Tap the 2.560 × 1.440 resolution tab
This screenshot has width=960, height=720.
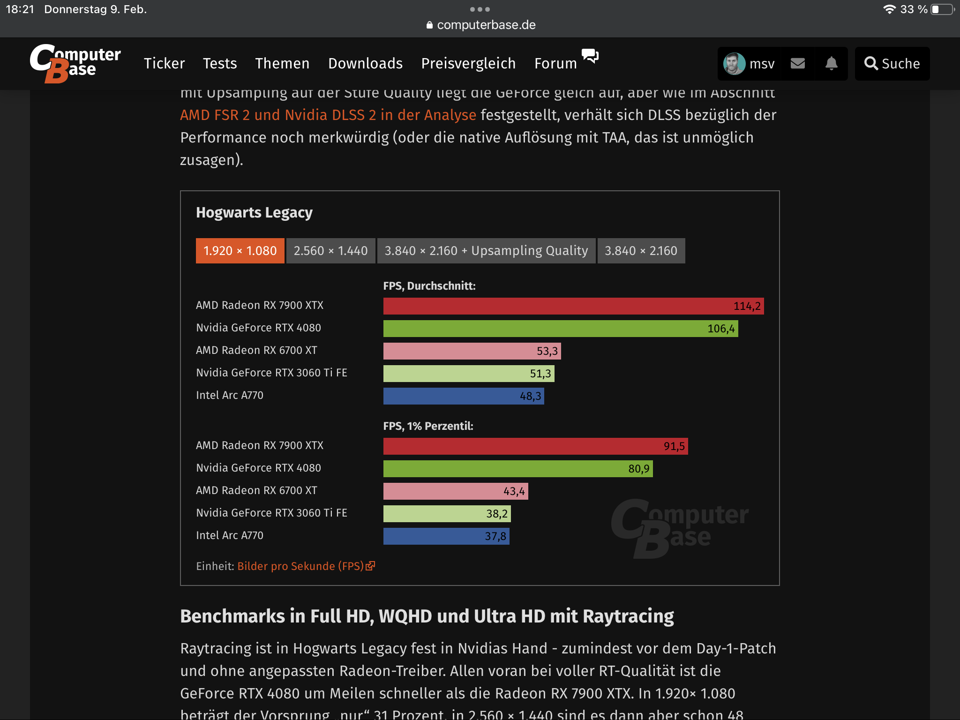tap(330, 251)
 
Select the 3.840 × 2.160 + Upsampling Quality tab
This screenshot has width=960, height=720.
tap(486, 251)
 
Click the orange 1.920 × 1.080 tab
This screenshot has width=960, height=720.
tap(240, 251)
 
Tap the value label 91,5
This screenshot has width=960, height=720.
tap(674, 446)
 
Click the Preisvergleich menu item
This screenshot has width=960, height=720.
tap(468, 63)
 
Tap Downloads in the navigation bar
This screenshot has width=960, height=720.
tap(365, 63)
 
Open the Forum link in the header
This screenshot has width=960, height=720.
tap(555, 63)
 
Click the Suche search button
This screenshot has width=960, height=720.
tap(892, 63)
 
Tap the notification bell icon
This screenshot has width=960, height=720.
tap(831, 63)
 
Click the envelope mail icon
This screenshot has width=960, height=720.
tap(797, 63)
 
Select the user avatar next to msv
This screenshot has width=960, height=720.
tap(734, 63)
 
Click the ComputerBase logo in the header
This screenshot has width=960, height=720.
tap(75, 63)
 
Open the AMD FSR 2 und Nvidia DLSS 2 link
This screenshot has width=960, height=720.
tap(328, 115)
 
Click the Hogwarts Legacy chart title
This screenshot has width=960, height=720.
tap(254, 213)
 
